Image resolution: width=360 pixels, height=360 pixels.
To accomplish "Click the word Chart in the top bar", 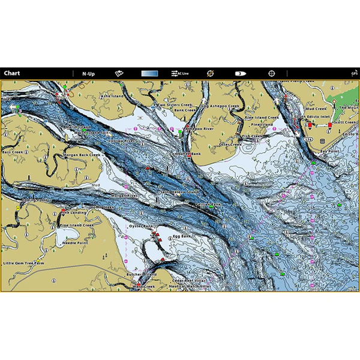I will pos(11,74).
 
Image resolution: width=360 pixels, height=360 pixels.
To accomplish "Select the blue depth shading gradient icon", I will pos(150,74).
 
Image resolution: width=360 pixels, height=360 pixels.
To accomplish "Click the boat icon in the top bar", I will pos(241,74).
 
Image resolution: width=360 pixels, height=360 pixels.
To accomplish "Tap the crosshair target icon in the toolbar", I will pos(272,74).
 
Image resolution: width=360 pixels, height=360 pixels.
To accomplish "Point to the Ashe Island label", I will pos(112,95).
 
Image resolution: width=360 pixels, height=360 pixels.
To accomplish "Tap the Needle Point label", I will pos(75,244).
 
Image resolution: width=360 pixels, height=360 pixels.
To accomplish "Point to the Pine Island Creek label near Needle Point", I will pos(76,225).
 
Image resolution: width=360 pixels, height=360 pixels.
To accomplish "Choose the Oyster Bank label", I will pos(142,226).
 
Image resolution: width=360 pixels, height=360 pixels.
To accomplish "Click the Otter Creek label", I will pos(231,144).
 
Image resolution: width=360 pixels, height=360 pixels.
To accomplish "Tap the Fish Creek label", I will pos(251,136).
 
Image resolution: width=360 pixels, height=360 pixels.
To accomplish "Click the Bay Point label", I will pos(330,152).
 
